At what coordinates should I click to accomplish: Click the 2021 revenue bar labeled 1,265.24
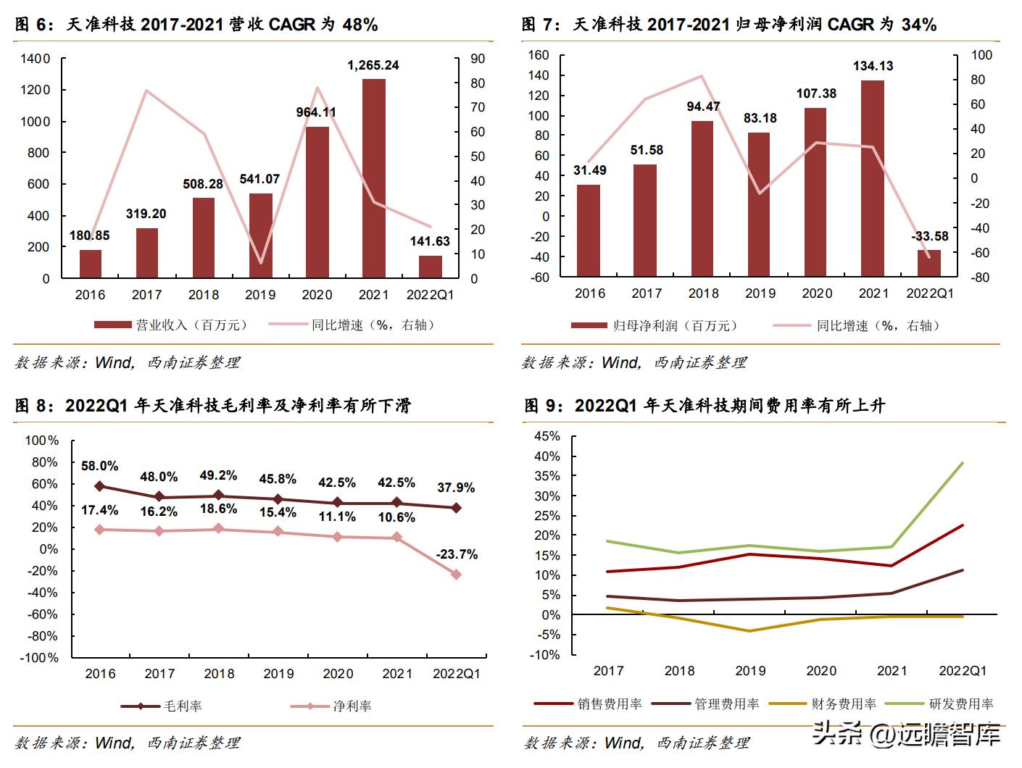click(373, 178)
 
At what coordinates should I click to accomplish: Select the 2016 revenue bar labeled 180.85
click(91, 264)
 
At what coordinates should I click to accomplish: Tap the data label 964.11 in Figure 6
click(316, 112)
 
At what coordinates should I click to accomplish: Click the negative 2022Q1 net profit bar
click(929, 262)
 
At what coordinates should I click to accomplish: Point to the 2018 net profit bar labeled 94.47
click(702, 198)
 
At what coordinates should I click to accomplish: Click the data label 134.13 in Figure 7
click(873, 66)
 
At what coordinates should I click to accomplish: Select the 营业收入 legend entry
click(170, 325)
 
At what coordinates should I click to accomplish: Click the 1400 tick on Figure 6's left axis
click(36, 59)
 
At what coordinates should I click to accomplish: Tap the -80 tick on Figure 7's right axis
click(980, 277)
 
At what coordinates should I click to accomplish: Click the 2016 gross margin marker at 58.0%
click(100, 486)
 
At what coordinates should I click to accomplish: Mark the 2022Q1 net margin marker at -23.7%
click(457, 575)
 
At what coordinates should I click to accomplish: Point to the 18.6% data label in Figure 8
click(219, 509)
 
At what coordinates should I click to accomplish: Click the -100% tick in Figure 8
click(42, 658)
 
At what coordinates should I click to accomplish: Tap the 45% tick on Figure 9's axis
click(547, 436)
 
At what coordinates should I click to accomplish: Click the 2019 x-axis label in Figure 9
click(750, 671)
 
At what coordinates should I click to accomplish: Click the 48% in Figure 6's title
click(360, 25)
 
